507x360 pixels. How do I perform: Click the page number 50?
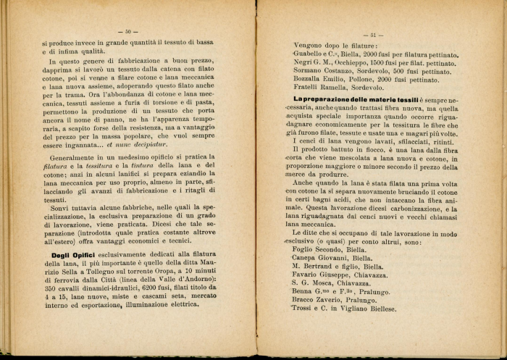pyautogui.click(x=127, y=32)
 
